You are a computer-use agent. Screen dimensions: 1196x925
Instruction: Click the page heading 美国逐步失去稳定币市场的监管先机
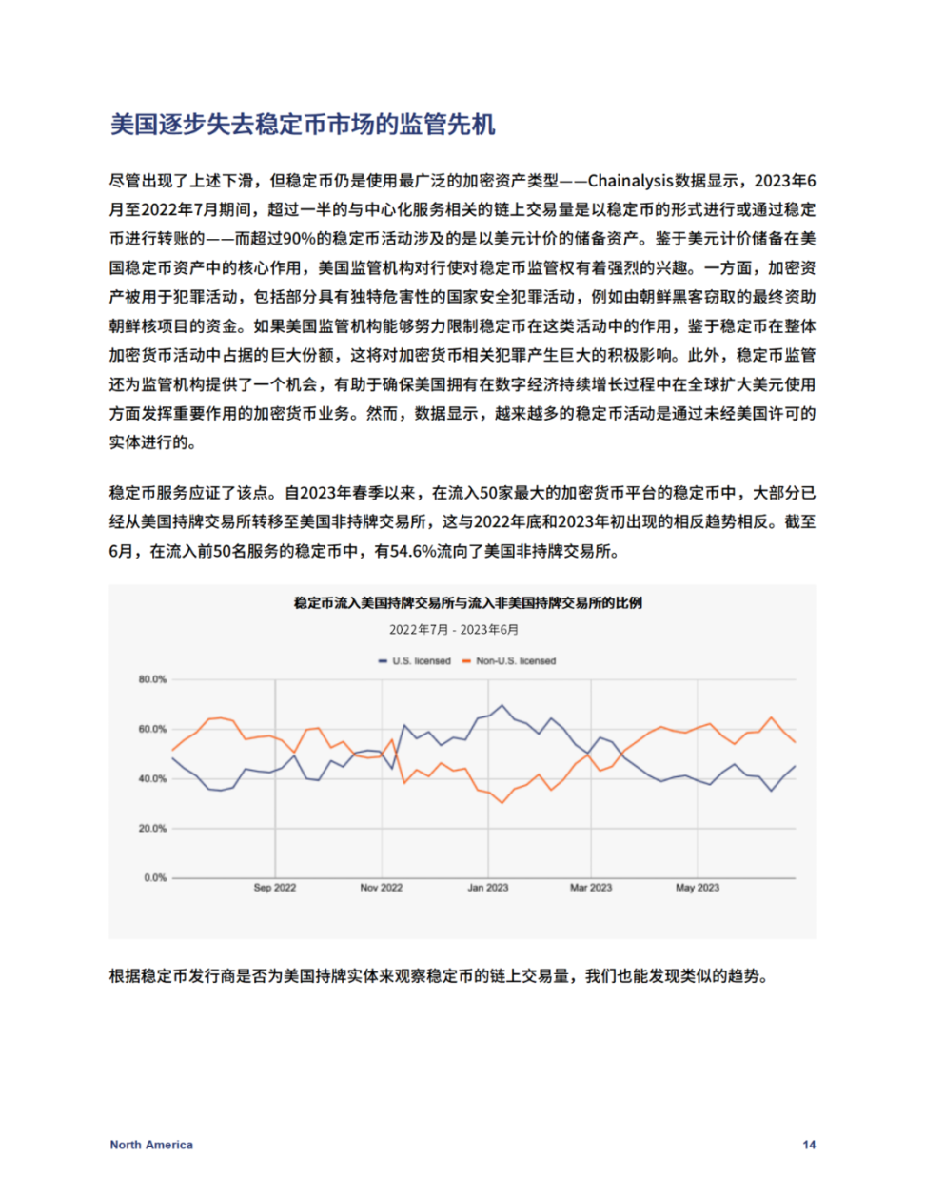coord(303,125)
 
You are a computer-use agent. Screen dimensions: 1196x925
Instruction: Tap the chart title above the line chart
coord(467,603)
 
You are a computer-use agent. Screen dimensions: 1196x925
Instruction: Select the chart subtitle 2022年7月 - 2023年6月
coord(454,630)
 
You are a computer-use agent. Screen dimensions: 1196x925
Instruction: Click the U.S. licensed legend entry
coord(415,661)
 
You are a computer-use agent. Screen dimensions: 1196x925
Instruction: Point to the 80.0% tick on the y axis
coord(152,679)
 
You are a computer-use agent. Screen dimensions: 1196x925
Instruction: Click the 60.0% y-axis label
coord(152,729)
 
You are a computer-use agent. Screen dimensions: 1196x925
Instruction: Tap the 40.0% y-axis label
coord(152,778)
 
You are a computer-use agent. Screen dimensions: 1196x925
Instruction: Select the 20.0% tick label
coord(152,828)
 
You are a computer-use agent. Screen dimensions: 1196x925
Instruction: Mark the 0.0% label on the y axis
coord(155,877)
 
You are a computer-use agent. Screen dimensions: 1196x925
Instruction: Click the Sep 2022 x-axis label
coord(275,888)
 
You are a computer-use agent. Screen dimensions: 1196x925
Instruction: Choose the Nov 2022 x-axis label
coord(381,888)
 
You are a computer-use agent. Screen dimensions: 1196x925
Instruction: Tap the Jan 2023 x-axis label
coord(487,888)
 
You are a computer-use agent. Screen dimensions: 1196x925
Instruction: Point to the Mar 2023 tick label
coord(591,888)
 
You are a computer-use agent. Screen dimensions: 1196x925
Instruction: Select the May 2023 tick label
coord(698,888)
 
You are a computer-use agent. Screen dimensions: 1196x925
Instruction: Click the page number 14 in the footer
coord(809,1145)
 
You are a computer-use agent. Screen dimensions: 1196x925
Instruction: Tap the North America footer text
coord(151,1145)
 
